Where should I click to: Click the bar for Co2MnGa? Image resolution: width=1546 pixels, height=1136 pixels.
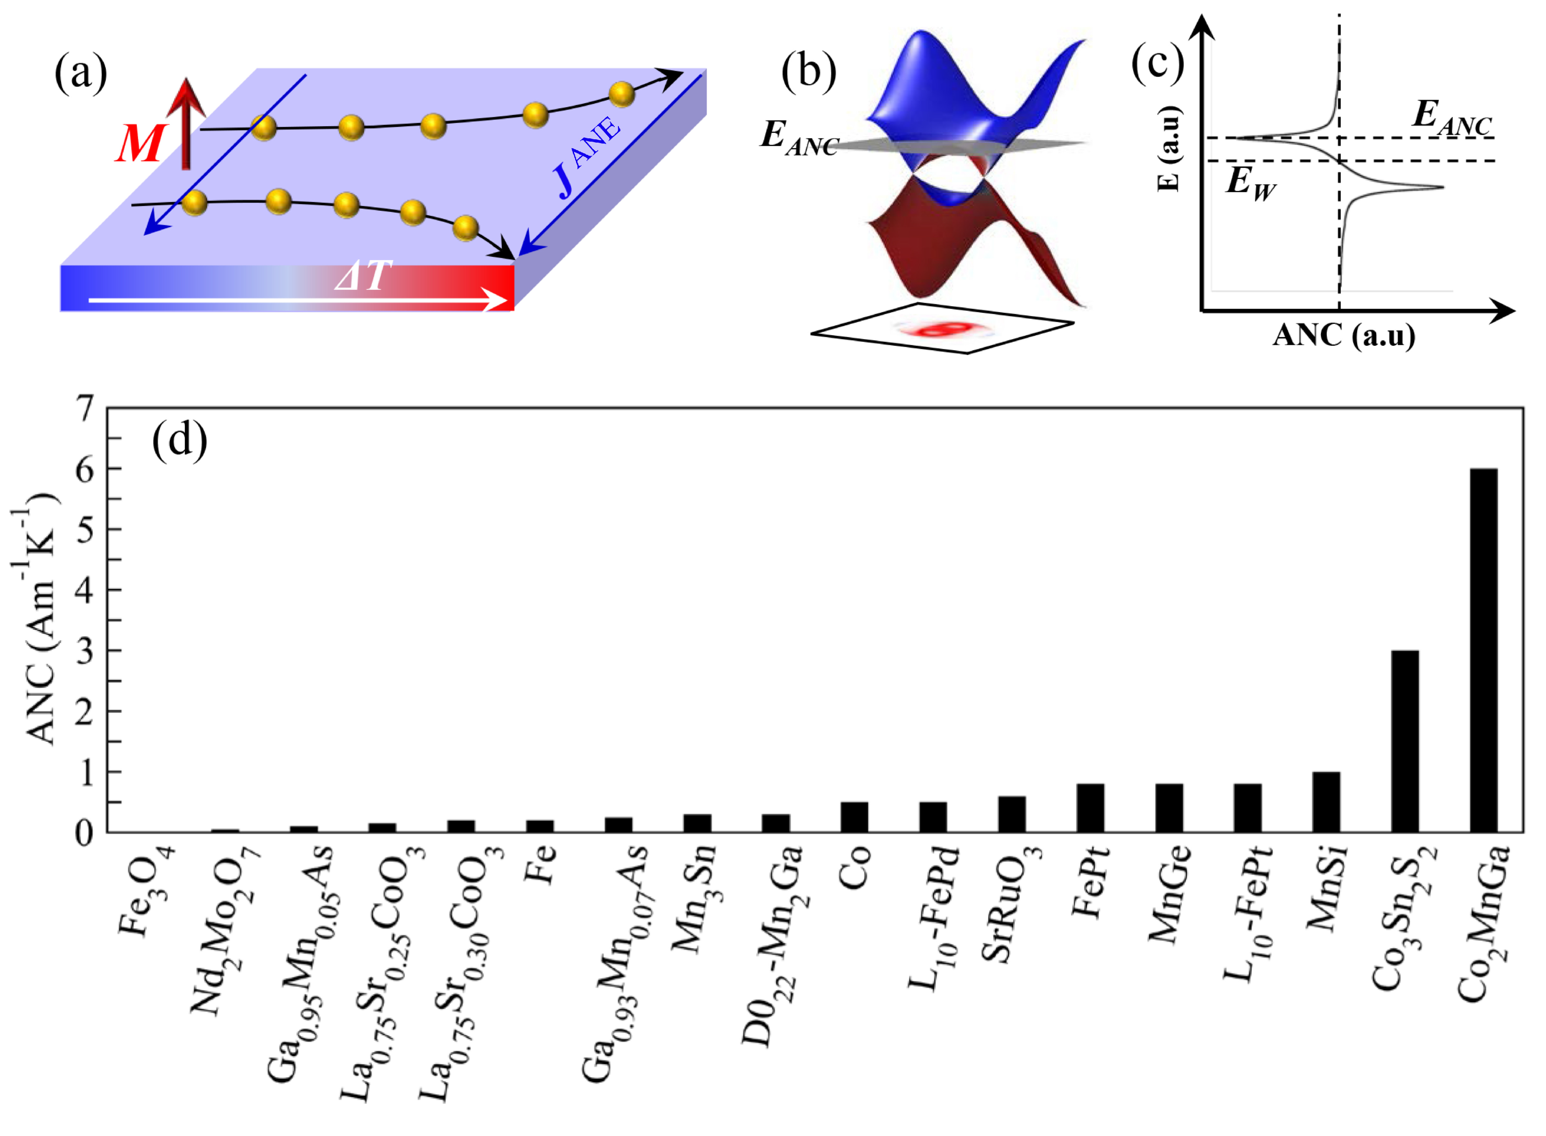1483,650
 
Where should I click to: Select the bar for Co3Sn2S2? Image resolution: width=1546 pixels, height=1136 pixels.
1404,741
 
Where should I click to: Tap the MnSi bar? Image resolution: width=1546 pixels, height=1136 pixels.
1326,802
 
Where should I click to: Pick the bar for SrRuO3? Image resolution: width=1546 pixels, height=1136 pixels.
1012,814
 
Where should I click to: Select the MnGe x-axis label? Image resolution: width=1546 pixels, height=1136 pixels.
1169,894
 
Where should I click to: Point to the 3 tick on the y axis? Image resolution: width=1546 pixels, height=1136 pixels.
85,651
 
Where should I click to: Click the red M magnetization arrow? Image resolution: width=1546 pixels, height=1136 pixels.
185,124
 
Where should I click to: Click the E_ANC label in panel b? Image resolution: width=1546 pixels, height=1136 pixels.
798,137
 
